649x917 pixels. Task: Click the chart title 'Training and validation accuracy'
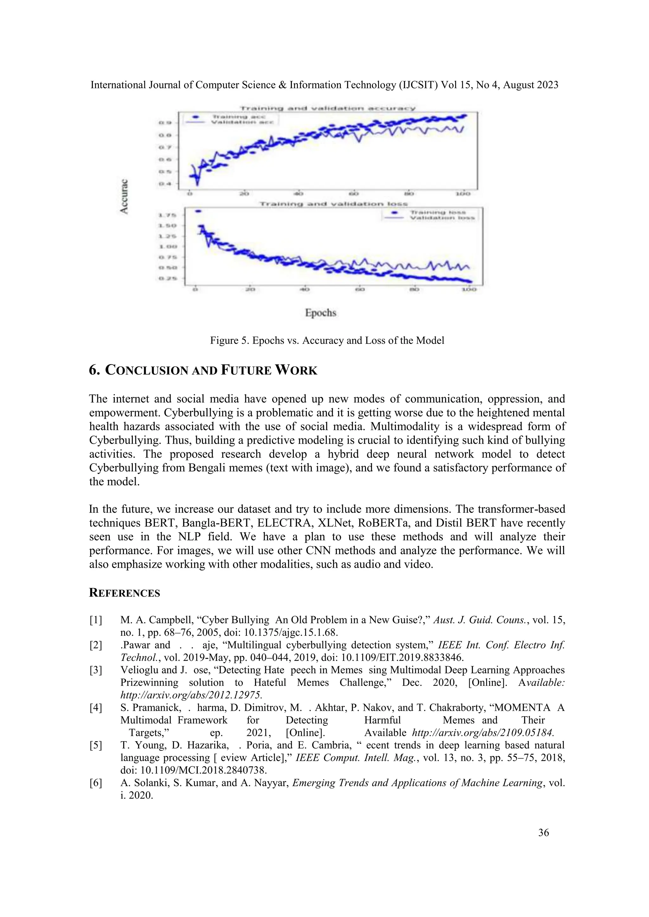click(327, 108)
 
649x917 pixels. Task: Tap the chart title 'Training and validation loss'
click(334, 204)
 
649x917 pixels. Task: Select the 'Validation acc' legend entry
click(242, 122)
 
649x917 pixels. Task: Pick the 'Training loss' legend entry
click(438, 212)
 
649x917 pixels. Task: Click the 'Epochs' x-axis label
click(320, 313)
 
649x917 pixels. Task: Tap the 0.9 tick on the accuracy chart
click(165, 123)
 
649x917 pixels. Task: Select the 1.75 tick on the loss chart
click(167, 215)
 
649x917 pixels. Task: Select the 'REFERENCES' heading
click(124, 593)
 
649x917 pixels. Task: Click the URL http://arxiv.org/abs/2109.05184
click(483, 733)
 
